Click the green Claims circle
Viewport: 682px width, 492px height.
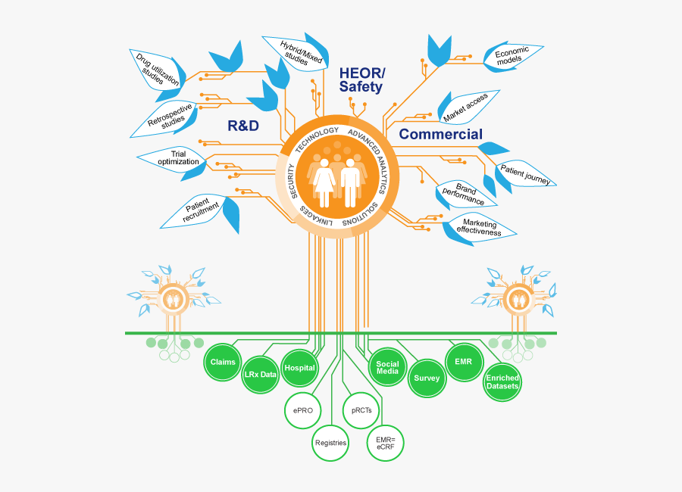(x=223, y=362)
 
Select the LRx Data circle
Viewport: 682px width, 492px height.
(x=260, y=374)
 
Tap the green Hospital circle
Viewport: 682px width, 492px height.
(x=299, y=368)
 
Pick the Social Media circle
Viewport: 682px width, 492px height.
(x=387, y=367)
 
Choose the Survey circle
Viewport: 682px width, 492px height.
(x=427, y=378)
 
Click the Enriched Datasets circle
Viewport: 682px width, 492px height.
(x=502, y=382)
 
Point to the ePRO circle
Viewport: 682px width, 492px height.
(x=302, y=410)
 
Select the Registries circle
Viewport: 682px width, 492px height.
(x=330, y=443)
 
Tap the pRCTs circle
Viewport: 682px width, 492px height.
(x=361, y=410)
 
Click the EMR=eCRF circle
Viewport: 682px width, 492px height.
(x=386, y=443)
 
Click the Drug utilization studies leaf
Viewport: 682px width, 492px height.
(x=158, y=72)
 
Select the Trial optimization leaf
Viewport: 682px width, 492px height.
(x=174, y=160)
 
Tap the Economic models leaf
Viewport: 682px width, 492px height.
(x=512, y=55)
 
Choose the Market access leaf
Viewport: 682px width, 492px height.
(x=467, y=107)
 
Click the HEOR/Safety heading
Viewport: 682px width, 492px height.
(x=361, y=80)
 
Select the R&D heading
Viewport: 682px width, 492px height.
(x=243, y=126)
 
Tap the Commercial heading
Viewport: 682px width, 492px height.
(x=440, y=134)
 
